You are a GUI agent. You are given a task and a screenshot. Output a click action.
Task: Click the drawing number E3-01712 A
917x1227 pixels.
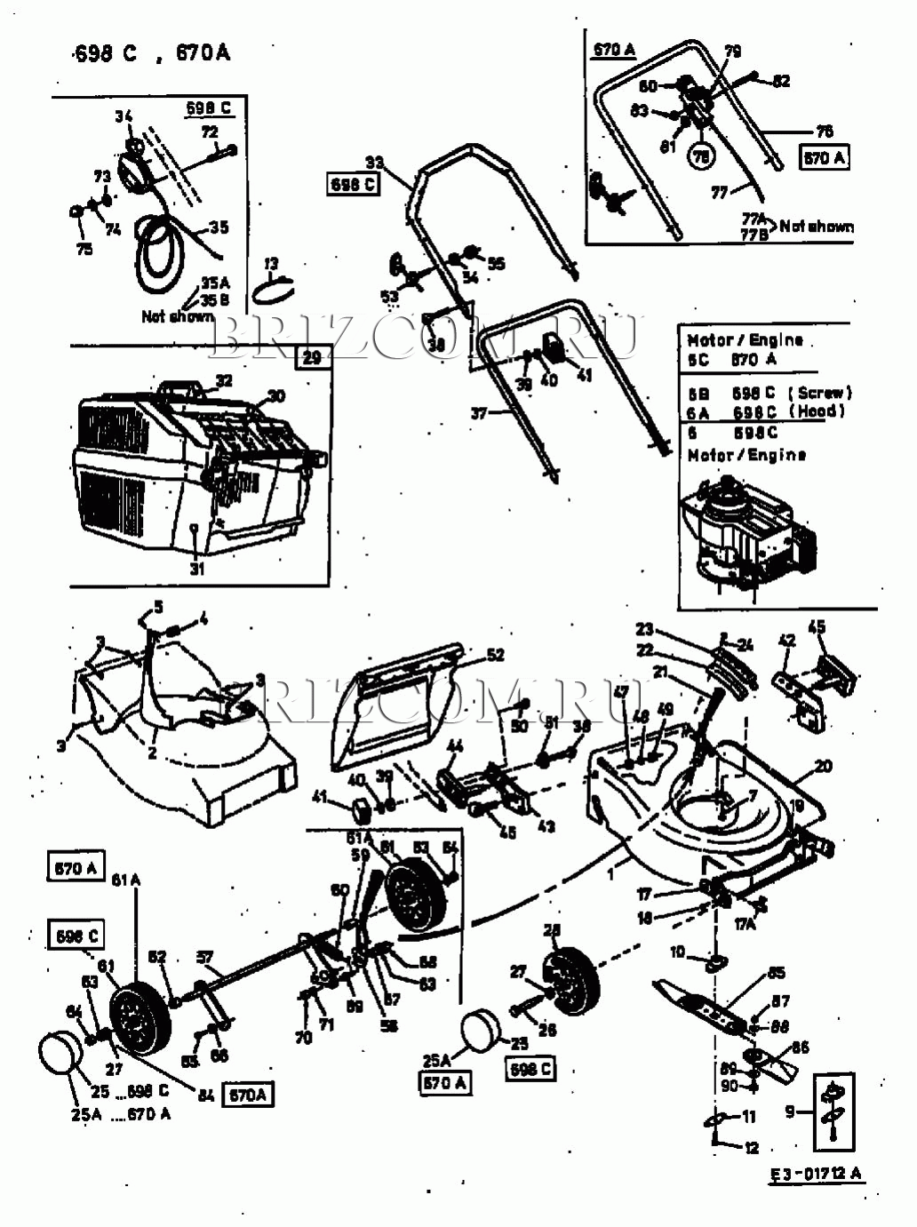pyautogui.click(x=816, y=1174)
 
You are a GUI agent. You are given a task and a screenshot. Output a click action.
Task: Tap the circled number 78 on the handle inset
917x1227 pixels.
pyautogui.click(x=702, y=156)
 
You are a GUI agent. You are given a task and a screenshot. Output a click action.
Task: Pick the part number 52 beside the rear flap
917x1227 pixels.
pyautogui.click(x=495, y=655)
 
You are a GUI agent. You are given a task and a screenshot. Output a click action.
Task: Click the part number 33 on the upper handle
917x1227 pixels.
pyautogui.click(x=374, y=163)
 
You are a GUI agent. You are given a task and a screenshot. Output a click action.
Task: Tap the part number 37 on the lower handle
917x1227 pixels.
pyautogui.click(x=479, y=413)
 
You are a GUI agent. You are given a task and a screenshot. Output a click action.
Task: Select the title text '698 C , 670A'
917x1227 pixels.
pyautogui.click(x=152, y=53)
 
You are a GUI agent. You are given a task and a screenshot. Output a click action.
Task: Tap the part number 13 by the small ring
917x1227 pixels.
pyautogui.click(x=271, y=264)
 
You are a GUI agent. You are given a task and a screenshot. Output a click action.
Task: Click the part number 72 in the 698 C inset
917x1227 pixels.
pyautogui.click(x=210, y=132)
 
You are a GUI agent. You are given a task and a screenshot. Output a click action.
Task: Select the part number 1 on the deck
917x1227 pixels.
pyautogui.click(x=610, y=874)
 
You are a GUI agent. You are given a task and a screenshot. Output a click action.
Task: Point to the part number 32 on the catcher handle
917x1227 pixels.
pyautogui.click(x=224, y=380)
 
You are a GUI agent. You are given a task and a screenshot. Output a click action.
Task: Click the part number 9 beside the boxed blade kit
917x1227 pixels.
pyautogui.click(x=790, y=1111)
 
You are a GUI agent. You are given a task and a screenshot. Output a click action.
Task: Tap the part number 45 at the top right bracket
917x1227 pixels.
pyautogui.click(x=816, y=627)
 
